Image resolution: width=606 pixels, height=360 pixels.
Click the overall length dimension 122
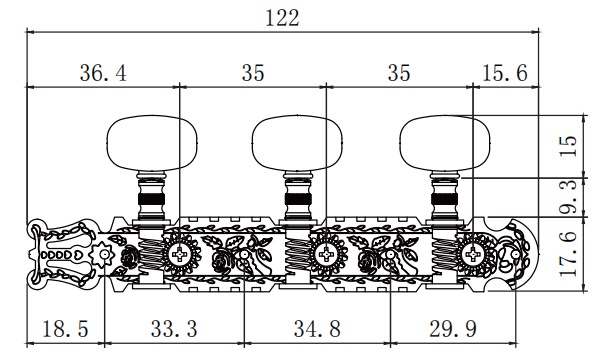tap(283, 18)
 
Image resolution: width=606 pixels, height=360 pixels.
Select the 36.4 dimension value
tap(103, 73)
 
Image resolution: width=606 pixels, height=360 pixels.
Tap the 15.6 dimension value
tap(505, 73)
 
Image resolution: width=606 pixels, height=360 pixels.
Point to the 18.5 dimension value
tap(65, 329)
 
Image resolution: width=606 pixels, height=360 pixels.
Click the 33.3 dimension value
tap(174, 329)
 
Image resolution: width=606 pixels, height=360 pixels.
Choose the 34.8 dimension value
tap(317, 329)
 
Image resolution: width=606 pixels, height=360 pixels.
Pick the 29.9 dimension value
tap(453, 329)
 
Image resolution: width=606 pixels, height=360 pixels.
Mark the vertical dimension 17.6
tap(569, 254)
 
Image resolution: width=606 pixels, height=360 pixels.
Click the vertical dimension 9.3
tap(569, 197)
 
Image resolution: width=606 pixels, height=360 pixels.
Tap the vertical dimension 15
tap(569, 146)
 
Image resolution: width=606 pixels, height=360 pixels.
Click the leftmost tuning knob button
tap(152, 142)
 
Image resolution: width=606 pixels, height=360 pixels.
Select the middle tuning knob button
tap(297, 142)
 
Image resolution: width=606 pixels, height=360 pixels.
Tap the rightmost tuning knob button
tap(445, 142)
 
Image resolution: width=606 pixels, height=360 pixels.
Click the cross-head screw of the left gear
tap(180, 254)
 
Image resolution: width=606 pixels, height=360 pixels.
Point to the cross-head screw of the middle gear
tap(327, 254)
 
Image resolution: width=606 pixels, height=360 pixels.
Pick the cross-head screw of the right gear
tap(473, 254)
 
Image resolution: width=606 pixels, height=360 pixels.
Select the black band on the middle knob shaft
tap(298, 200)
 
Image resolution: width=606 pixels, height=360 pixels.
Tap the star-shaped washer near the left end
tap(104, 254)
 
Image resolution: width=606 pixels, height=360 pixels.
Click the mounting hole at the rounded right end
tap(516, 254)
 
